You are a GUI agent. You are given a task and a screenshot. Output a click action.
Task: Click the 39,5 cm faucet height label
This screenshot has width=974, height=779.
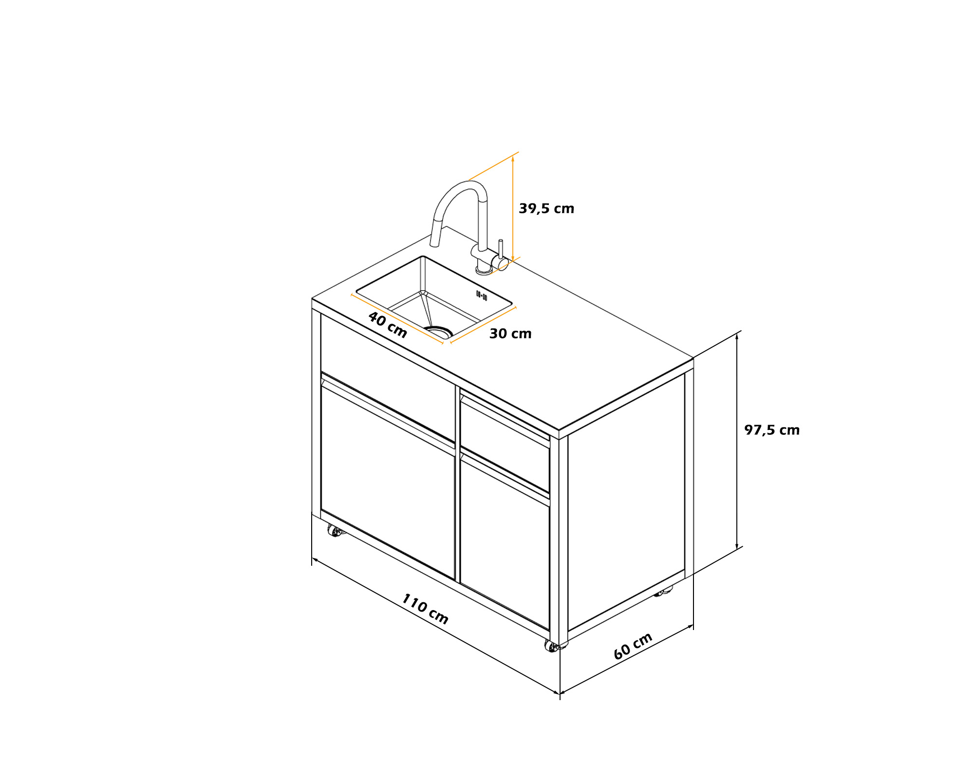coord(546,209)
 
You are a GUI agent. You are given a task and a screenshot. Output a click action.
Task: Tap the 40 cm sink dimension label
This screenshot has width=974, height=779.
coord(388,325)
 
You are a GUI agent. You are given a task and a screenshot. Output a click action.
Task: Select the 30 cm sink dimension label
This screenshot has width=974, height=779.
coord(510,334)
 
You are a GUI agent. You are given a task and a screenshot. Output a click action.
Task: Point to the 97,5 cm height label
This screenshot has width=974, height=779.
coord(772,430)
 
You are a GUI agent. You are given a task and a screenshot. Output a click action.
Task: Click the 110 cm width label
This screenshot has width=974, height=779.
coord(425,609)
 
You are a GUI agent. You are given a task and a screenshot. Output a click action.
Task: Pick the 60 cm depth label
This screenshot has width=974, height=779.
coord(633,647)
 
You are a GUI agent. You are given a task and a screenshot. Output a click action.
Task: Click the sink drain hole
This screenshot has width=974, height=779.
coord(439,332)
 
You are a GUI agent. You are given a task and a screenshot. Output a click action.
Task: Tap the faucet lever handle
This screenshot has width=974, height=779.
coord(501,249)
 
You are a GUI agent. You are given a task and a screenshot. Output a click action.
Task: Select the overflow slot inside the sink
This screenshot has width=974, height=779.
coord(482,296)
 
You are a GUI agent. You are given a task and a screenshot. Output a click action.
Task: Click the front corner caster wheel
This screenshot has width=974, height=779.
coord(552,647)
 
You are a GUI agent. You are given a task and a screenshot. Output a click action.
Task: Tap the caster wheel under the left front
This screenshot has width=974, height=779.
coord(334,531)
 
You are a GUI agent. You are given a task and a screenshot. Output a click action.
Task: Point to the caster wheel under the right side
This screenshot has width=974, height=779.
coord(662,592)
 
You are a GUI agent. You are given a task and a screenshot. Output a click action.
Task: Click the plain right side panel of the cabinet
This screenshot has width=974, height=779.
coord(626,501)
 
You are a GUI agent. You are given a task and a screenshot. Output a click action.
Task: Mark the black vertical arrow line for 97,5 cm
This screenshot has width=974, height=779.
coord(737,441)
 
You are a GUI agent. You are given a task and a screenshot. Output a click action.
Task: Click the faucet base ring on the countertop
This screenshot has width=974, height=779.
coord(484,271)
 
